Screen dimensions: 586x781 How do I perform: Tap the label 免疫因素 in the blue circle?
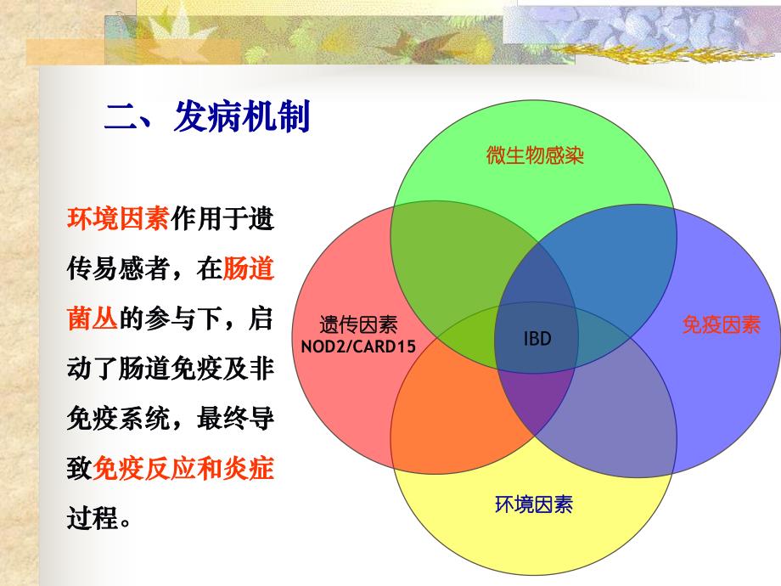721,324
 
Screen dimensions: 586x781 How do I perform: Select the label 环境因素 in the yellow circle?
534,504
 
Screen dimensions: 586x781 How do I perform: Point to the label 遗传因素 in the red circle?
358,324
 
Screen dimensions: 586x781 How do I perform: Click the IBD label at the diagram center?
537,339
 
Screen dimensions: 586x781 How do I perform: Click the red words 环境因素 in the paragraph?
118,218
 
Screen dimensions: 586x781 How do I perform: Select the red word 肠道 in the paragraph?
248,269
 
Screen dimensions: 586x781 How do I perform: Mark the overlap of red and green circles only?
450,263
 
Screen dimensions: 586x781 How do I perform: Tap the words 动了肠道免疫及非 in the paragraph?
170,369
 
